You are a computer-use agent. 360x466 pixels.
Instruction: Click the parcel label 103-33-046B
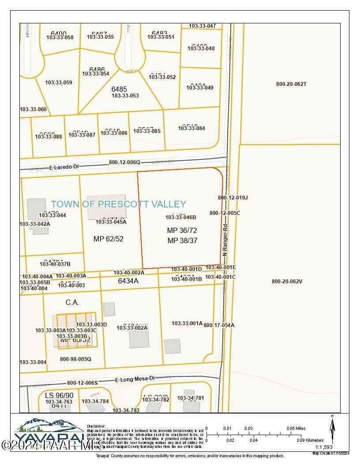180,217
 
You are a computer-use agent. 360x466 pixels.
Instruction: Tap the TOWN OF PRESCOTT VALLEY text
118,204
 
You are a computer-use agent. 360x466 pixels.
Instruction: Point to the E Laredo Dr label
64,167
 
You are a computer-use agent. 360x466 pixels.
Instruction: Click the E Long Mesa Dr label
136,379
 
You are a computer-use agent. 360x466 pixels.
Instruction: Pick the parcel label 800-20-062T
291,84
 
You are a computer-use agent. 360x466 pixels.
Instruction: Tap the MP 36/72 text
182,230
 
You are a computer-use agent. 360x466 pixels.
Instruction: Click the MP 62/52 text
109,239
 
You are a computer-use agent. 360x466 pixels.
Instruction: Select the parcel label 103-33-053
125,96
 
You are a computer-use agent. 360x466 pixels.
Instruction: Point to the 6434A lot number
128,281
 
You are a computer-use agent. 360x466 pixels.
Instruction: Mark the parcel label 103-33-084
191,128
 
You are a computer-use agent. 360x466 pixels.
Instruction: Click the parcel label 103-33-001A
187,323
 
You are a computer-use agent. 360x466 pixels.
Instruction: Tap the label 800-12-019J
233,198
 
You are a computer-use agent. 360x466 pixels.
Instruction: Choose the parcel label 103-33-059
58,83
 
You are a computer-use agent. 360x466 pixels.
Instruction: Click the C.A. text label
72,303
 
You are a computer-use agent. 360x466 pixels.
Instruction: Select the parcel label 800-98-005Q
75,359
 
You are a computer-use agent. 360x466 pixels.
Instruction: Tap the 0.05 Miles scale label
296,428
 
